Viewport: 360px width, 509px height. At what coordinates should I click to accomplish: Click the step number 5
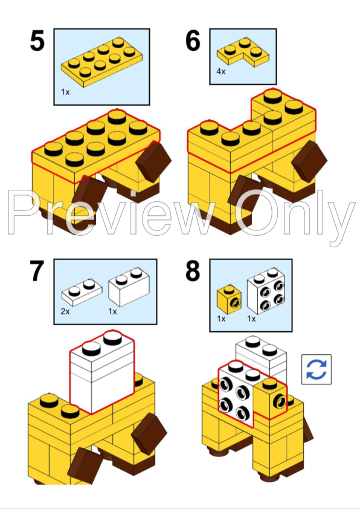click(37, 42)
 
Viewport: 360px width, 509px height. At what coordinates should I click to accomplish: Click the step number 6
click(193, 42)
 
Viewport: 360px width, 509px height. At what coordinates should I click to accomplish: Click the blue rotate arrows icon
click(317, 369)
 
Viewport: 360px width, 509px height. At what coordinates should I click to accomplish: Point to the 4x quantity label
click(220, 71)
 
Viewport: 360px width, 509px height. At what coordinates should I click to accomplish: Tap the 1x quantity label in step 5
click(65, 92)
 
